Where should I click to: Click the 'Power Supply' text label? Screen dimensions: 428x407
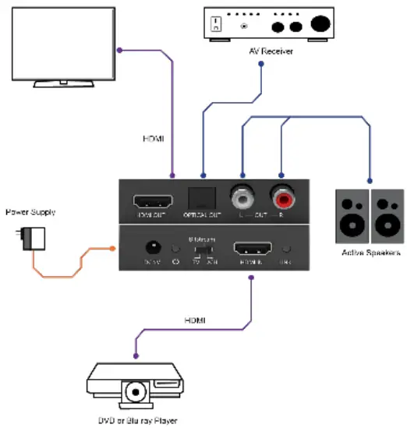[x=30, y=211]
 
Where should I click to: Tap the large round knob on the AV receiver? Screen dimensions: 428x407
[x=319, y=24]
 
